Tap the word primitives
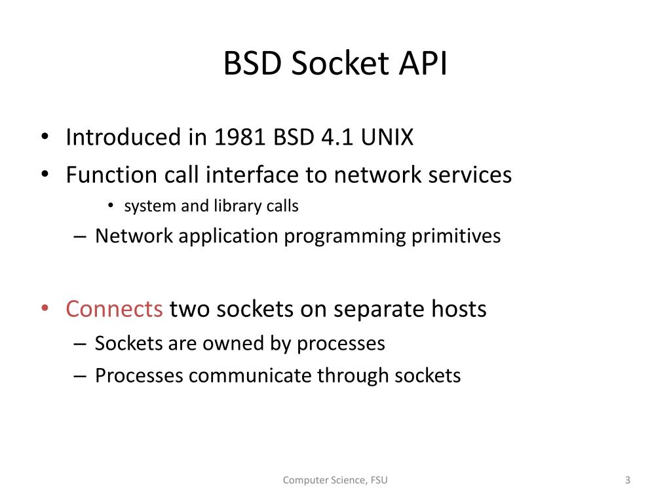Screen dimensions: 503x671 click(x=456, y=236)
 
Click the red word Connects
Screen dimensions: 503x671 click(x=115, y=308)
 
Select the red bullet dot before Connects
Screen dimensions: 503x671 click(x=45, y=308)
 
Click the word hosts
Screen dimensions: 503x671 click(x=458, y=308)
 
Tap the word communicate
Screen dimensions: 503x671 click(x=252, y=376)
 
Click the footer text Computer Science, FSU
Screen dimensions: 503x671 click(x=335, y=481)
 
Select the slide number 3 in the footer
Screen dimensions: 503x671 click(x=627, y=481)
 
